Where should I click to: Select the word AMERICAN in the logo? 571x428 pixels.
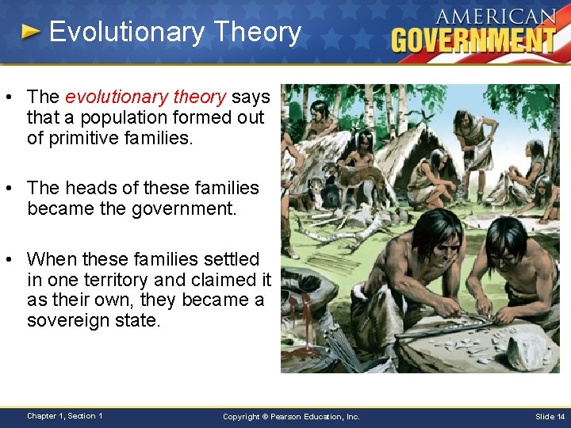click(x=495, y=17)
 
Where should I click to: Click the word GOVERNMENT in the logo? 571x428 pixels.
click(x=473, y=40)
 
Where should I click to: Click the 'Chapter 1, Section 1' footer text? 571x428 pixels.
click(x=64, y=415)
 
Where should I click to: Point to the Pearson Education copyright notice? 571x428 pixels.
click(x=291, y=416)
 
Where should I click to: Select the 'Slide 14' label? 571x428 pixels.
click(x=550, y=416)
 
